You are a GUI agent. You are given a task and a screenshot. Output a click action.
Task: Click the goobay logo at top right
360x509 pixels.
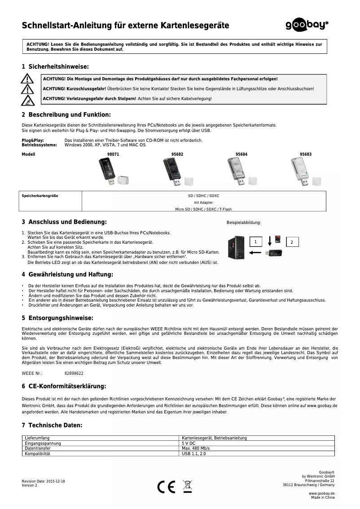(x=307, y=26)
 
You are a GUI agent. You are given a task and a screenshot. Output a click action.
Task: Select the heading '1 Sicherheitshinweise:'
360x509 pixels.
(x=52, y=66)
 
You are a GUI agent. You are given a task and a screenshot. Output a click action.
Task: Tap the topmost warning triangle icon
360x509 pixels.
(x=28, y=79)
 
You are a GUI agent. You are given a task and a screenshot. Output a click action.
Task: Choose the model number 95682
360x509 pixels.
(x=177, y=154)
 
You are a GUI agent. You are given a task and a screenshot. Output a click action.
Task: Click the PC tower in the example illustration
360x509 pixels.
(x=237, y=247)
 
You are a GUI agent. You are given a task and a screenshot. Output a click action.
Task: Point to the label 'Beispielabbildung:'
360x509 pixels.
(x=243, y=223)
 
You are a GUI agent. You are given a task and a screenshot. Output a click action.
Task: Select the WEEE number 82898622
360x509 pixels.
(x=74, y=373)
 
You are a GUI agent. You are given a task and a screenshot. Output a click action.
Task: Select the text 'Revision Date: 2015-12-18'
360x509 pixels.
(x=43, y=481)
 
